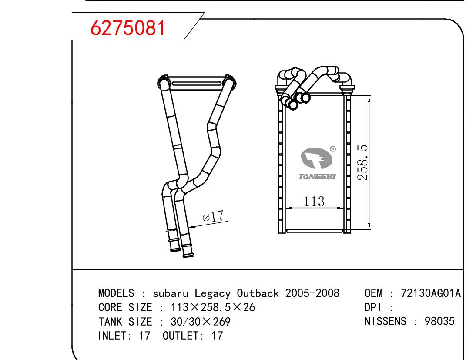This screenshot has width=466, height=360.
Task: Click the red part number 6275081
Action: [x=127, y=28]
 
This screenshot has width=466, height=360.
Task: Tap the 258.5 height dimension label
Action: [x=363, y=162]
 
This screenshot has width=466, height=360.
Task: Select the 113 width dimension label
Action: [x=314, y=201]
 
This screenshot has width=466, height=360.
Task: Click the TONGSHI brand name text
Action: [x=317, y=177]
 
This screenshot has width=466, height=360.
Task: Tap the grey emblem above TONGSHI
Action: [x=316, y=158]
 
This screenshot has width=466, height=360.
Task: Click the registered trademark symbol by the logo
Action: [x=333, y=148]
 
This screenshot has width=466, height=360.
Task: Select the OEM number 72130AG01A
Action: [x=431, y=293]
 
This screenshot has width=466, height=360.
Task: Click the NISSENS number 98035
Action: [x=439, y=321]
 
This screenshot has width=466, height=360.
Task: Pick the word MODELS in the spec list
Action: [x=116, y=293]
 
